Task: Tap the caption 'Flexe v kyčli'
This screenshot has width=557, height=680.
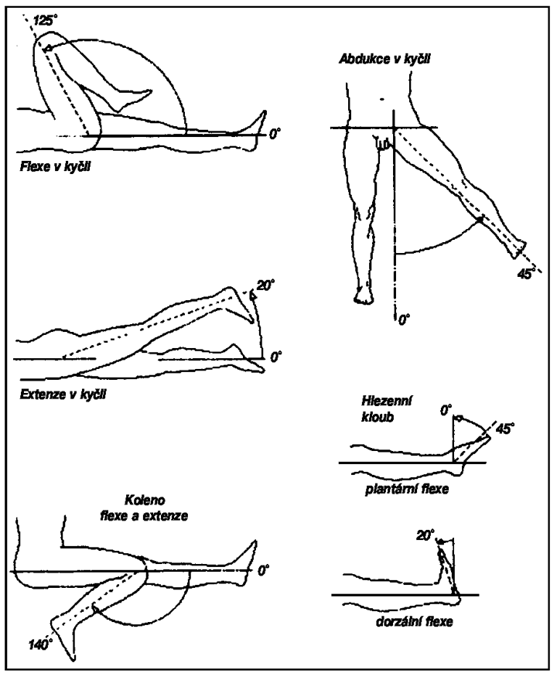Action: (55, 167)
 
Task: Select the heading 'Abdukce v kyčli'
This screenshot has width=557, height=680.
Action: (384, 60)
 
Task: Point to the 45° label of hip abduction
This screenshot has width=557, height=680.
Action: (525, 274)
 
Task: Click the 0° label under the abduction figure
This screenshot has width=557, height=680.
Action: (404, 320)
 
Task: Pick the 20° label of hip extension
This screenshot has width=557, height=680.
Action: (265, 285)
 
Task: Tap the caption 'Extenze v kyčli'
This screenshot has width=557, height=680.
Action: (63, 395)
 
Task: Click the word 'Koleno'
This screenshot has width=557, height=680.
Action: (145, 500)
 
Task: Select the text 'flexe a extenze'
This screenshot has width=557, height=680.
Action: (144, 516)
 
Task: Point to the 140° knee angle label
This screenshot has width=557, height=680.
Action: (41, 645)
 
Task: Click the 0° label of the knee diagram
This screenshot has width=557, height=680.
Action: (263, 570)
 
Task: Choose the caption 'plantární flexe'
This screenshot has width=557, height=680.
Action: (406, 489)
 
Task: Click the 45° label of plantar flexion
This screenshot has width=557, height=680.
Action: (505, 429)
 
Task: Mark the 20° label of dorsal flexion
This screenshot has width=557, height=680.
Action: (425, 536)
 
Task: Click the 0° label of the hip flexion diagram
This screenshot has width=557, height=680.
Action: (274, 134)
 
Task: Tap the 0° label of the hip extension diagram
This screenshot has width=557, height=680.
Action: (275, 357)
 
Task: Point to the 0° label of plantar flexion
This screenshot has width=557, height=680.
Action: (446, 410)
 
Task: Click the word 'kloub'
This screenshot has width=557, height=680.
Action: (378, 417)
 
